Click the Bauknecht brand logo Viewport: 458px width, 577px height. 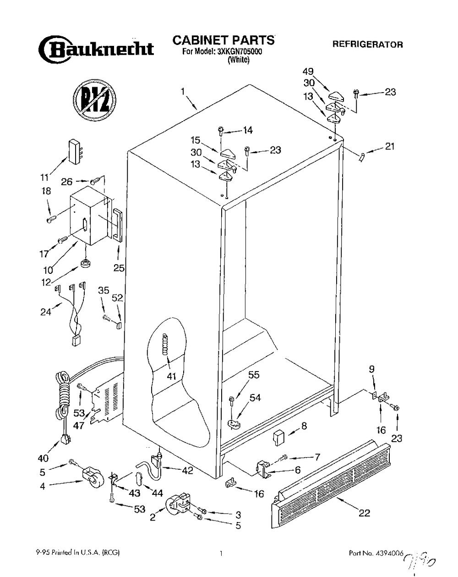pos(96,49)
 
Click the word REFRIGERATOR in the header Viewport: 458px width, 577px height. pos(368,44)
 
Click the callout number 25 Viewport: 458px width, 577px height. pos(119,267)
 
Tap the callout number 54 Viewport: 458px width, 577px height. pos(255,398)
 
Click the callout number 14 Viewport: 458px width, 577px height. pos(247,130)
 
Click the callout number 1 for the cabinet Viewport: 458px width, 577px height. pos(182,92)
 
